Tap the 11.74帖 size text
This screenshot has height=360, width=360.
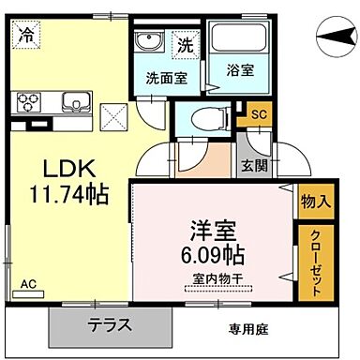[67, 196]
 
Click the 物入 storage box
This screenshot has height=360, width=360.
[314, 200]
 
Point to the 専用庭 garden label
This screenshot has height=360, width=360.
[247, 329]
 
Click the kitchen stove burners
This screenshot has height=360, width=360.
[26, 99]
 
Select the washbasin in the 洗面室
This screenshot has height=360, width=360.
[147, 42]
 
